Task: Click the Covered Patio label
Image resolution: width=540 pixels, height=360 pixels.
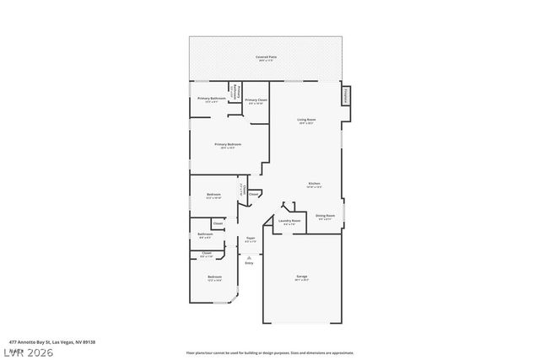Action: (267, 57)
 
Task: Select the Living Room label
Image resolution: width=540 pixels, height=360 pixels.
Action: (306, 121)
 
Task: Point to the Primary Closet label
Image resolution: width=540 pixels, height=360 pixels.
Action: (256, 100)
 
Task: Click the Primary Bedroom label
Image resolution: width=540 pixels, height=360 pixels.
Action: (228, 145)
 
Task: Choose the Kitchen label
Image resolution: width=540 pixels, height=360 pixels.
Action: (313, 184)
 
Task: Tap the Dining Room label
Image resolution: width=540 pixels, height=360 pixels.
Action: (325, 217)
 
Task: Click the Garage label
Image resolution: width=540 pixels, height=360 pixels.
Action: (301, 277)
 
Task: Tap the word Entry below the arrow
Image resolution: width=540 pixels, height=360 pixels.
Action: (249, 264)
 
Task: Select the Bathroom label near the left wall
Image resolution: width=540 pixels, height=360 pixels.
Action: (205, 234)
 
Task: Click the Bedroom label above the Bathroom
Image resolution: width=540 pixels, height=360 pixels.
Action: (213, 195)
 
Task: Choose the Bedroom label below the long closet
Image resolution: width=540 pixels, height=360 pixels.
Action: (215, 277)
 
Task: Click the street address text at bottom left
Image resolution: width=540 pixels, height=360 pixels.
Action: (42, 342)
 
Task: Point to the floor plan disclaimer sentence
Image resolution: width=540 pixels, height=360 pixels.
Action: (269, 352)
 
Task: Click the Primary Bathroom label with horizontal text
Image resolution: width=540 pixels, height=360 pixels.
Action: (209, 99)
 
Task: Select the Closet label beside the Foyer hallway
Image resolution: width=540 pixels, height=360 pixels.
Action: (254, 194)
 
